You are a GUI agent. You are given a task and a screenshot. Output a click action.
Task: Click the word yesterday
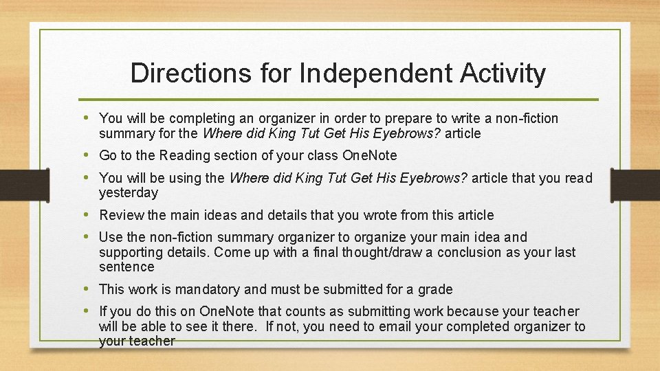tap(129, 193)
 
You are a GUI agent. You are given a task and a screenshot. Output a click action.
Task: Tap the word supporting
tap(130, 252)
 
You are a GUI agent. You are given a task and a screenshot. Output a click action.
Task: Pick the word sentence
tap(126, 267)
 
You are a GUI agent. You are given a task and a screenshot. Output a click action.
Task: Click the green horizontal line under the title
tap(337, 100)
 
